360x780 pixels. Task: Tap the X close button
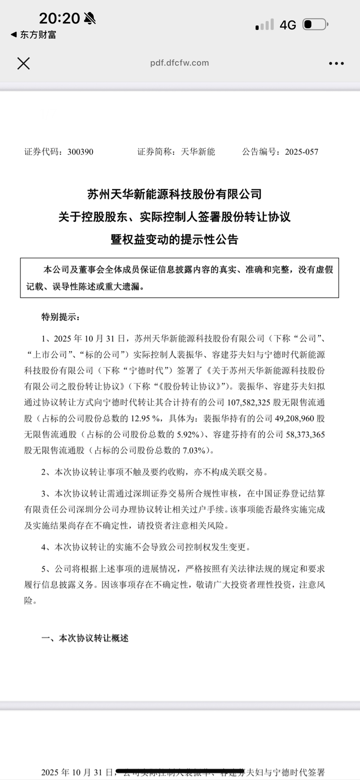coord(23,63)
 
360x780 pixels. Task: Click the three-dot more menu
coord(336,64)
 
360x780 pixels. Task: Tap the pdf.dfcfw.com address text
coord(180,63)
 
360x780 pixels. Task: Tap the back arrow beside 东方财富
coord(14,35)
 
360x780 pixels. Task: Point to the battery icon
coord(315,24)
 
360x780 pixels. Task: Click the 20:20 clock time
coord(59,18)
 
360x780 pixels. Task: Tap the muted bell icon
coord(90,19)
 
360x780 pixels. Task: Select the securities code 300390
coord(80,152)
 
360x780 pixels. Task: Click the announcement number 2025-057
coord(301,152)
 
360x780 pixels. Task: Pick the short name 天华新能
coord(198,152)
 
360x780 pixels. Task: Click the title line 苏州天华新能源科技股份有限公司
coord(174,194)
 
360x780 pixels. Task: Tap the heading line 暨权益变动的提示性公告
coord(174,239)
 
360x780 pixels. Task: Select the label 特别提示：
coord(60,317)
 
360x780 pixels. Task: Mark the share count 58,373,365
coord(305,435)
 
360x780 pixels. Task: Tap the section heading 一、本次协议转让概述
coord(85,638)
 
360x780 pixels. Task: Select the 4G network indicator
coord(288,25)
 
